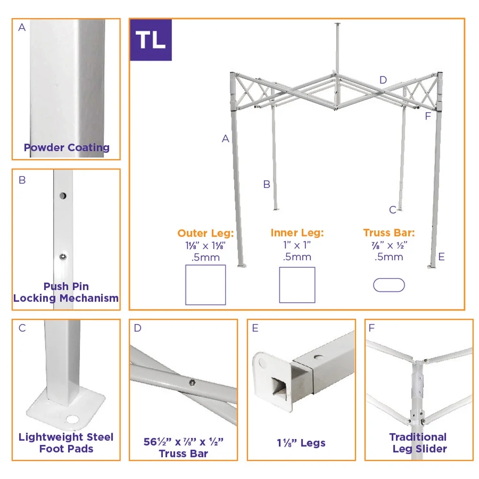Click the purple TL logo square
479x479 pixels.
pyautogui.click(x=151, y=40)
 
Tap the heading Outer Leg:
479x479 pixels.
pyautogui.click(x=205, y=233)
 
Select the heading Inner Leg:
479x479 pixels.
pyautogui.click(x=297, y=233)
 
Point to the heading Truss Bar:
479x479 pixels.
pyautogui.click(x=389, y=233)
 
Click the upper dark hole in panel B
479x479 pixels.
pyautogui.click(x=63, y=195)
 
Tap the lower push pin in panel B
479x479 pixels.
pyautogui.click(x=63, y=257)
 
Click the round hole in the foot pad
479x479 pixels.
pyautogui.click(x=72, y=419)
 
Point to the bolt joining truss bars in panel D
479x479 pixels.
pyautogui.click(x=192, y=382)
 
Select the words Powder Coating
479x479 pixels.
pyautogui.click(x=67, y=148)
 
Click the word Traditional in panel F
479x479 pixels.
pyautogui.click(x=418, y=437)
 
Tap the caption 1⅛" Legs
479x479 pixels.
pyautogui.click(x=301, y=443)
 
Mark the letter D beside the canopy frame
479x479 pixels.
pyautogui.click(x=383, y=80)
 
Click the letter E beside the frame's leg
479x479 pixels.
pyautogui.click(x=442, y=257)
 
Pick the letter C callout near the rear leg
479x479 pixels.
pyautogui.click(x=393, y=210)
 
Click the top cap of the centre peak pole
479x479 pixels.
pyautogui.click(x=338, y=24)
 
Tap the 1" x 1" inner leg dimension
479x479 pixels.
pyautogui.click(x=297, y=245)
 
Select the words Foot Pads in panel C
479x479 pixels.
pyautogui.click(x=66, y=449)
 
